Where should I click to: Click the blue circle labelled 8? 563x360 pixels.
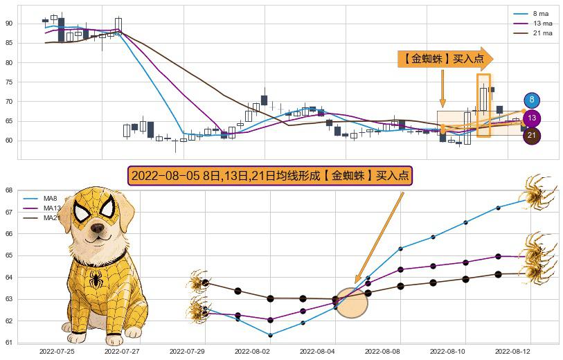532,100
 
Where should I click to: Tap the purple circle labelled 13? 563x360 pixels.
532,118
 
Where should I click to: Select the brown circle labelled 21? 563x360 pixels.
532,136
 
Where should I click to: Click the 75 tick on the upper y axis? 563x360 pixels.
9,82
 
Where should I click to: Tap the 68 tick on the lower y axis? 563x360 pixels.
8,190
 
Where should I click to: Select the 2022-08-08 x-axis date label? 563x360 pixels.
382,352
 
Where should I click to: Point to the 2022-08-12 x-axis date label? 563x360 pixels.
512,352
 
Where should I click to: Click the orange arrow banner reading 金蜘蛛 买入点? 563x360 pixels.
445,60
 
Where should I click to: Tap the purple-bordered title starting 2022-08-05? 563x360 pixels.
270,176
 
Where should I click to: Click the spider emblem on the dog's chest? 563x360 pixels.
96,279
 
